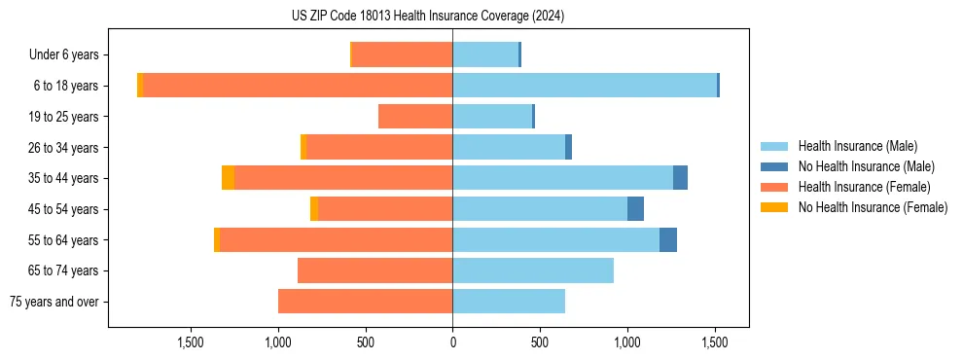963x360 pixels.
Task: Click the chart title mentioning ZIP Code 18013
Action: [x=428, y=17]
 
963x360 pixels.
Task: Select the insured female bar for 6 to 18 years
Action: [x=297, y=86]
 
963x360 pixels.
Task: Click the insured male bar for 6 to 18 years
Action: [x=584, y=86]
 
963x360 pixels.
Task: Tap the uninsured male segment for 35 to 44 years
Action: [x=680, y=178]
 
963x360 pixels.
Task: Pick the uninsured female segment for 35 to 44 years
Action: [x=228, y=178]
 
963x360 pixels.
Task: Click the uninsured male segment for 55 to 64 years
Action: [x=668, y=239]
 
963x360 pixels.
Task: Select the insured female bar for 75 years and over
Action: [x=365, y=302]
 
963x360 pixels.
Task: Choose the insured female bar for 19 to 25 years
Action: [x=415, y=117]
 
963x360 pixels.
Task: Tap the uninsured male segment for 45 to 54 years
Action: [x=635, y=209]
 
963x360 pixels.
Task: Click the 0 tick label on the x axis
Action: [x=452, y=343]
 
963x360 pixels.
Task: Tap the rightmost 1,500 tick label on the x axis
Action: [x=715, y=343]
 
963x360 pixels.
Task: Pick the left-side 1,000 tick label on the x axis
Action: [x=278, y=343]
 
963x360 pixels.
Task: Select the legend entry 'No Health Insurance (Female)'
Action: [x=873, y=207]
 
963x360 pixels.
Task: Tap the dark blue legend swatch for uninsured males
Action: [x=774, y=166]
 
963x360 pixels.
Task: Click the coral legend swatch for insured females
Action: [x=774, y=187]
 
